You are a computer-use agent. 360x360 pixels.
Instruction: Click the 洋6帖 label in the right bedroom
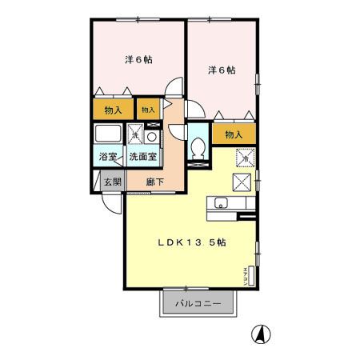point(222,70)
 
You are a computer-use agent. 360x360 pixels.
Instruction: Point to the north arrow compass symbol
point(261,333)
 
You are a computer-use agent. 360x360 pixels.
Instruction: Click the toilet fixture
point(199,146)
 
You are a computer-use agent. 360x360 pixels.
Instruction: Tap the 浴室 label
point(107,158)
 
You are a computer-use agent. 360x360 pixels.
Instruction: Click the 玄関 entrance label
point(112,182)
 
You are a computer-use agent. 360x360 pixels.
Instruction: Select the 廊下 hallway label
point(154,182)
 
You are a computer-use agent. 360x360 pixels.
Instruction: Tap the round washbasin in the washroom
point(152,135)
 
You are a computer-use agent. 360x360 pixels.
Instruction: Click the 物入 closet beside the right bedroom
point(234,135)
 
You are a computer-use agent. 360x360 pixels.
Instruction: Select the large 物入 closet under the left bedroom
point(112,109)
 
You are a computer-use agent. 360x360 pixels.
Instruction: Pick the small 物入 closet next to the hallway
point(148,109)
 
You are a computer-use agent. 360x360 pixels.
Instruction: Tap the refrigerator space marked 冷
point(245,157)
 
